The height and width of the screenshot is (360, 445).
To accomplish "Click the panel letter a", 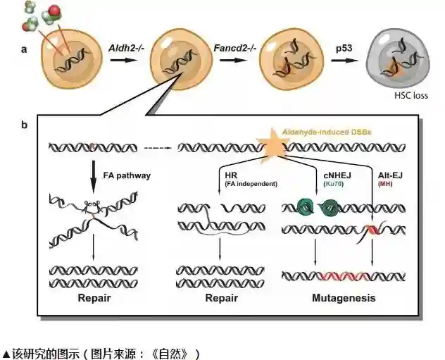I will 25,50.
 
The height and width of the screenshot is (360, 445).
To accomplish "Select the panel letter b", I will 25,125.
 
